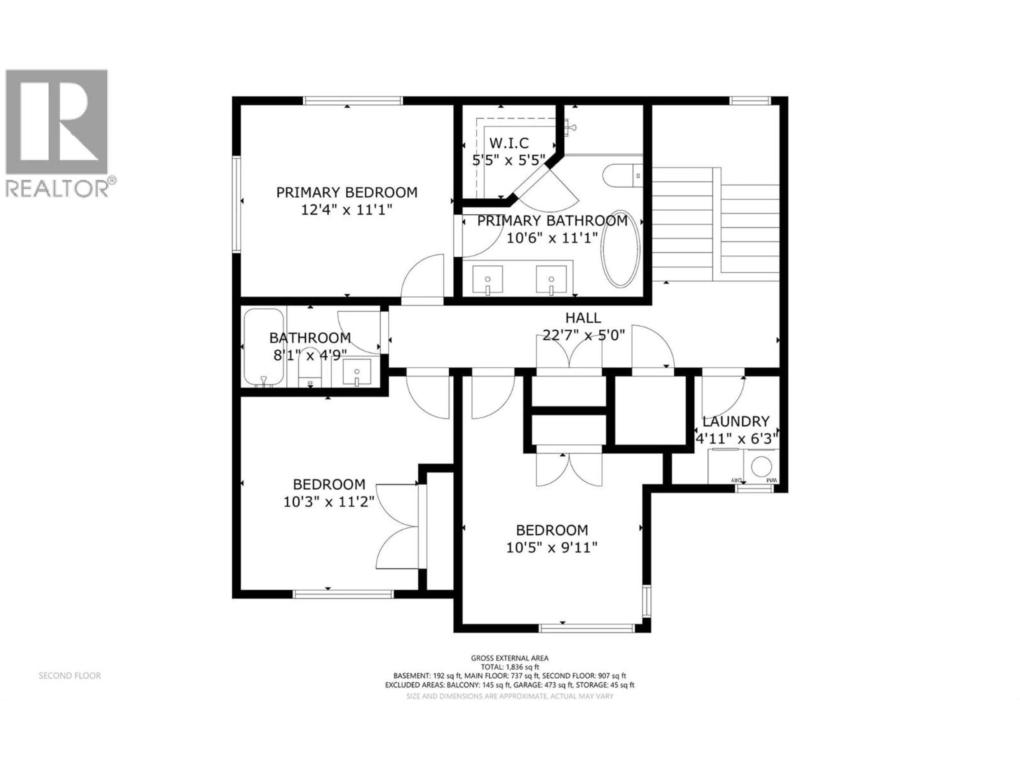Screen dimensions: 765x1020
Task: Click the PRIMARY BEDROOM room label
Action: pyautogui.click(x=346, y=192)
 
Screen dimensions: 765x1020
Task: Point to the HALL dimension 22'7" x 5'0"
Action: pyautogui.click(x=583, y=335)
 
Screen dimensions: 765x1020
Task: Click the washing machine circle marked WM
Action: pyautogui.click(x=761, y=466)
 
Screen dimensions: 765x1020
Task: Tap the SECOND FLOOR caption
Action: pyautogui.click(x=70, y=675)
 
